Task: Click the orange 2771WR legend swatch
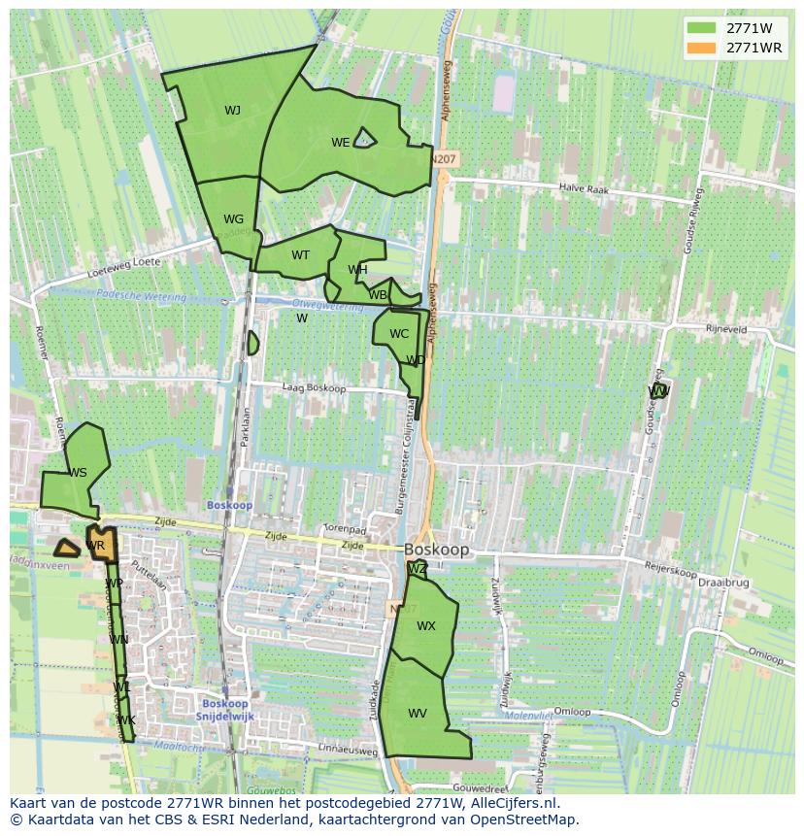[701, 48]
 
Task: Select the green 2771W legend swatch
[701, 28]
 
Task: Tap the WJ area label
[232, 111]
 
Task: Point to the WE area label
[340, 143]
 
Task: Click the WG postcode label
[233, 219]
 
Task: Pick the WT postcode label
[300, 255]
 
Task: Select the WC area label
[399, 334]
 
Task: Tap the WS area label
[78, 473]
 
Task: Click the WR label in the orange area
[95, 547]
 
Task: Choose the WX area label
[425, 626]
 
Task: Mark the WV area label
[418, 714]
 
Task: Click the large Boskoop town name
[436, 550]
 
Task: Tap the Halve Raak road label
[584, 190]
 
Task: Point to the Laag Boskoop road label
[314, 388]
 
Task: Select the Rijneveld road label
[724, 330]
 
